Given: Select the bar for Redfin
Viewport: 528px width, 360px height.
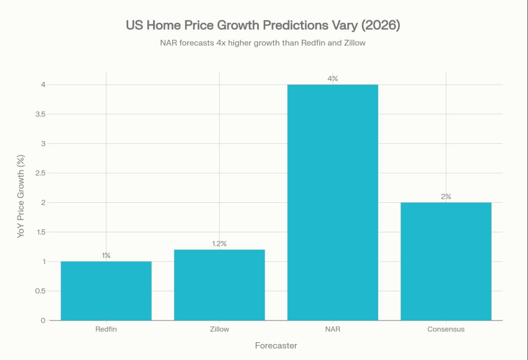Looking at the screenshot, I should coord(106,291).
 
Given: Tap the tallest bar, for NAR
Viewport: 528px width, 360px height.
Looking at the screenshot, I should coord(333,202).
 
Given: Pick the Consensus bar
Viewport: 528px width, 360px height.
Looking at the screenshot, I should coord(446,261).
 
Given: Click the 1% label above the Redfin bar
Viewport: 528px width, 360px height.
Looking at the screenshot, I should coord(106,256).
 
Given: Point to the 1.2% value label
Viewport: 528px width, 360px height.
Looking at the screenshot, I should coord(220,244).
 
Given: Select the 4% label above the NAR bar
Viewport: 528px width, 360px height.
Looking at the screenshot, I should coord(333,79).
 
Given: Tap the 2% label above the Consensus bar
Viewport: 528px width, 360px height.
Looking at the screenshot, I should coord(446,197).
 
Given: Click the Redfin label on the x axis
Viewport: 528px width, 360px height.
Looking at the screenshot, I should coord(106,329).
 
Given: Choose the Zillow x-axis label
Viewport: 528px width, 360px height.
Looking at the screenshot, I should coord(220,329).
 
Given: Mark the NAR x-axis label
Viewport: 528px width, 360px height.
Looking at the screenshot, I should coord(333,329).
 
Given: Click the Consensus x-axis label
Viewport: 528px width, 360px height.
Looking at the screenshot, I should coord(446,329).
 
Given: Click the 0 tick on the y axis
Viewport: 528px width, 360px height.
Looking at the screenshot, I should coord(43,320).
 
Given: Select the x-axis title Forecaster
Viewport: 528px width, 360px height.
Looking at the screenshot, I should coord(276,346).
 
